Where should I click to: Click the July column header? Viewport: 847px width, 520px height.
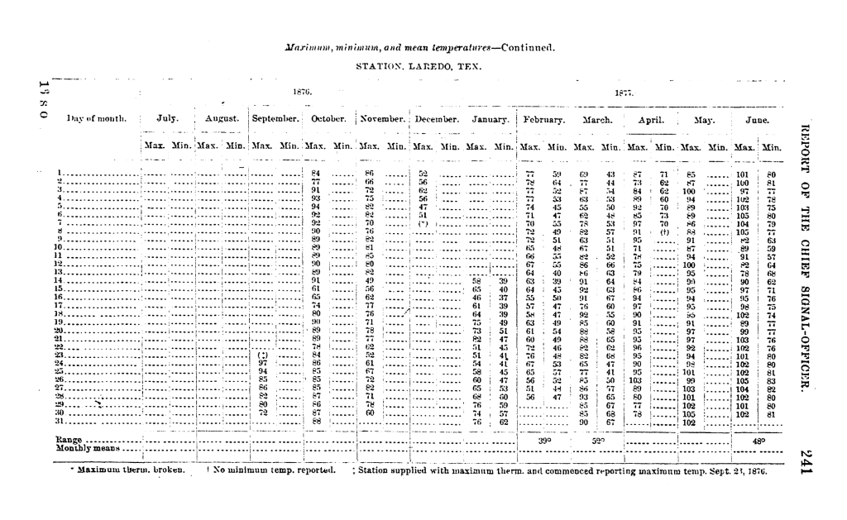point(168,119)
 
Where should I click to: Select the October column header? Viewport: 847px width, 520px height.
point(327,119)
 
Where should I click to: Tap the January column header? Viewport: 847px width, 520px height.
point(486,119)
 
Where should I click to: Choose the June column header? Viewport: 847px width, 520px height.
point(758,119)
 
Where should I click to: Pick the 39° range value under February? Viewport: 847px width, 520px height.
point(544,441)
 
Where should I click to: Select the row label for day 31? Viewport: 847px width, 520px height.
point(60,422)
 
